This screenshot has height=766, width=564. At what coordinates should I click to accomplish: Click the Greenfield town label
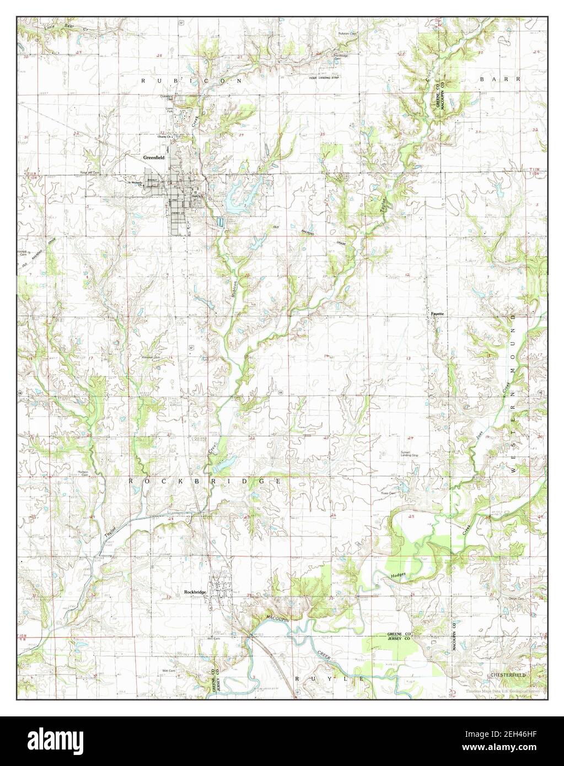click(x=152, y=157)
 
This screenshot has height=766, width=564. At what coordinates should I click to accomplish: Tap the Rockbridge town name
click(x=195, y=592)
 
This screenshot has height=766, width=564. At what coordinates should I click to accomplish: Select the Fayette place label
click(x=437, y=314)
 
